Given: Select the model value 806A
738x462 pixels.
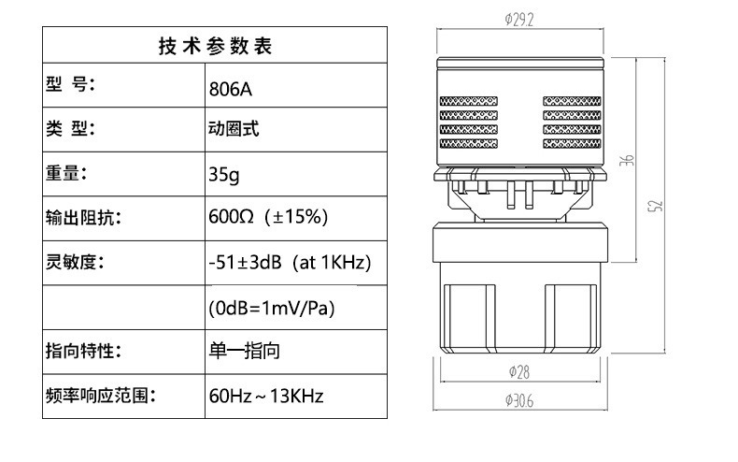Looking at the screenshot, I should coord(231,91).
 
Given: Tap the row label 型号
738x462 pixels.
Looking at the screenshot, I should coord(71,85).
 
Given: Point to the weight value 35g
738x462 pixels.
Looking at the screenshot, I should coord(224,174).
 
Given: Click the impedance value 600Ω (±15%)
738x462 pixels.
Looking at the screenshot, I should coord(267,218).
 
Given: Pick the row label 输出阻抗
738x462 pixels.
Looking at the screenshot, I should coord(83,218).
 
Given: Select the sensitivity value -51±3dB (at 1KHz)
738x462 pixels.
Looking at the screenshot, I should coord(290,263).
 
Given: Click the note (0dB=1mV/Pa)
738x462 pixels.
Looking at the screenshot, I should coord(271,308).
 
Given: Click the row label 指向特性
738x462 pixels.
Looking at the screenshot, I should coord(83,352).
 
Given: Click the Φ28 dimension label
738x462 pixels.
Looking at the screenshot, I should coord(519,370).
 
